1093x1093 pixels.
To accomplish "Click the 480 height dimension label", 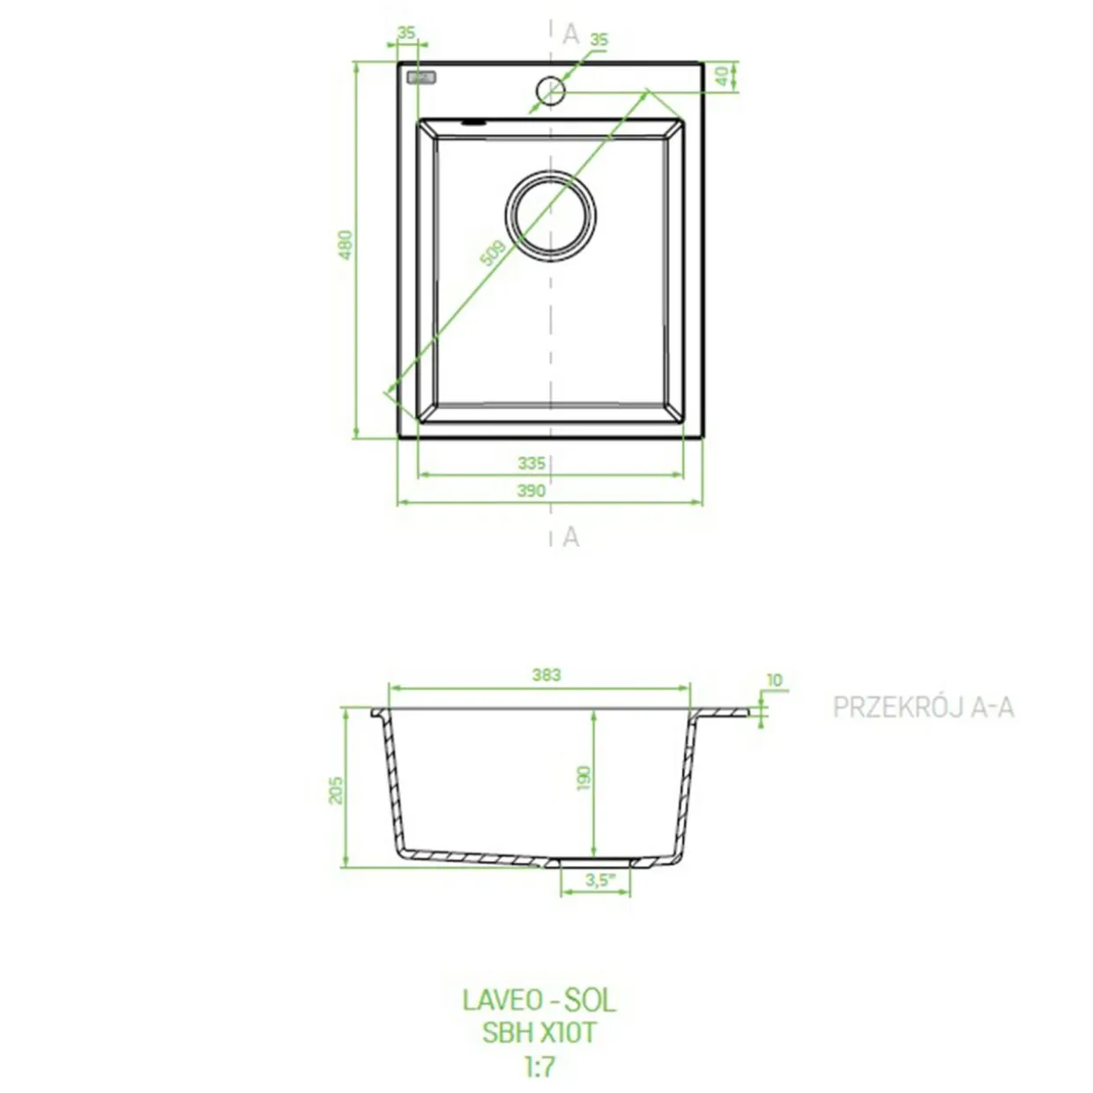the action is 345,244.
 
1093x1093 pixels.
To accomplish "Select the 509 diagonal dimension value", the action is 493,253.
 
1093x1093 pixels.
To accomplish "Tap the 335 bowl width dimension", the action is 532,464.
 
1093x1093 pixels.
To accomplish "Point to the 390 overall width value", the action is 532,491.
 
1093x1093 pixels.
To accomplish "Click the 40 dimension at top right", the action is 722,76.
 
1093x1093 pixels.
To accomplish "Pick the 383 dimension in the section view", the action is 546,674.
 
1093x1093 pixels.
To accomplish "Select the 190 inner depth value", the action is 584,777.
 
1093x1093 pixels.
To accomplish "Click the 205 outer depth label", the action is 336,790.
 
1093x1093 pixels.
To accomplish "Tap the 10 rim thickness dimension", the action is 774,680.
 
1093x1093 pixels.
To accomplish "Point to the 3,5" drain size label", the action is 600,881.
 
